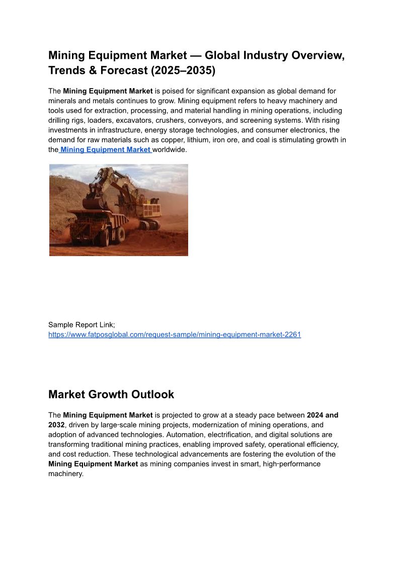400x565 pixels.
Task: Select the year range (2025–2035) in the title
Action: [x=183, y=70]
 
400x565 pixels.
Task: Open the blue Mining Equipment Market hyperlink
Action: [x=106, y=149]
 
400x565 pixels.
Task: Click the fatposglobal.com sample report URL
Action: [x=175, y=334]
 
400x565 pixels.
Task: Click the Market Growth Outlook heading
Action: [x=111, y=394]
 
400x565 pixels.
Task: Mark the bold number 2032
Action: [x=56, y=425]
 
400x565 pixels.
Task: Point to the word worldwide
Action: [x=170, y=149]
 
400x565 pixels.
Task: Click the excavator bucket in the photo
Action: [x=92, y=203]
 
